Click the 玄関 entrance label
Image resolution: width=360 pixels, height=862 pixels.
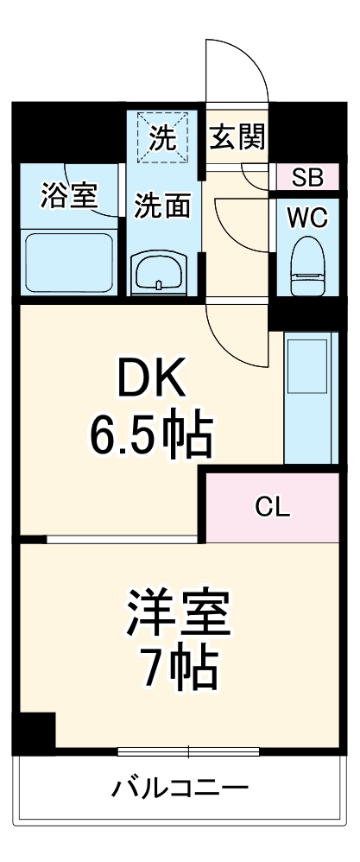237,136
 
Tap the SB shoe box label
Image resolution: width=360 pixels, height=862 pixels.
307,178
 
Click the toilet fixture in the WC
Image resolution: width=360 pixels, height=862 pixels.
307,263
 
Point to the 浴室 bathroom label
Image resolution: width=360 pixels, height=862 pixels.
69,195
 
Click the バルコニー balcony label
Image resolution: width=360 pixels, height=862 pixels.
180,788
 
